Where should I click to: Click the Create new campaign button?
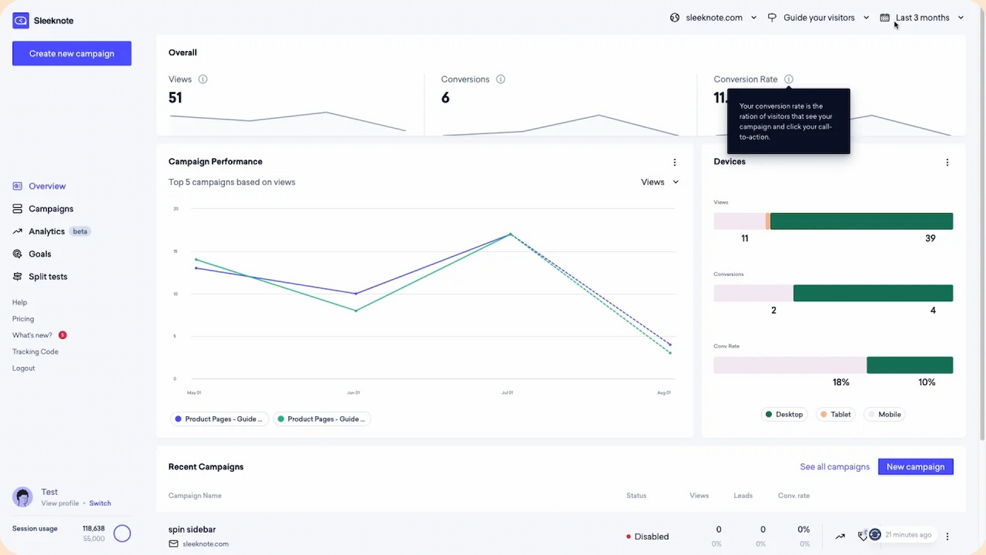click(71, 53)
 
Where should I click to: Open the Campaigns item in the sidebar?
click(51, 209)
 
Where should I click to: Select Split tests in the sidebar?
click(47, 277)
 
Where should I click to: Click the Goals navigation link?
click(39, 254)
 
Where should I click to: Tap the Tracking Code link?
click(35, 352)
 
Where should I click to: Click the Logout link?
click(23, 368)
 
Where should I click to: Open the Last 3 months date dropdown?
click(923, 18)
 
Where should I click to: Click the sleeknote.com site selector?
click(713, 18)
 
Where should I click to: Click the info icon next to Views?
click(203, 79)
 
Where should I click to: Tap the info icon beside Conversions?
click(500, 79)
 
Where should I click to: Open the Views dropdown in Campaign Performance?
click(660, 182)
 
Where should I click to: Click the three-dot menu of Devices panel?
click(947, 162)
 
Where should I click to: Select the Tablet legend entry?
click(835, 414)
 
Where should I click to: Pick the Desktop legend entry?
click(784, 414)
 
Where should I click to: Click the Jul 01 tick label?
click(507, 392)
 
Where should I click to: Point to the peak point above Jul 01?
click(510, 234)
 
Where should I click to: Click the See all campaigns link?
click(834, 466)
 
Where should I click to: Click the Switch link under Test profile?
click(100, 503)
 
